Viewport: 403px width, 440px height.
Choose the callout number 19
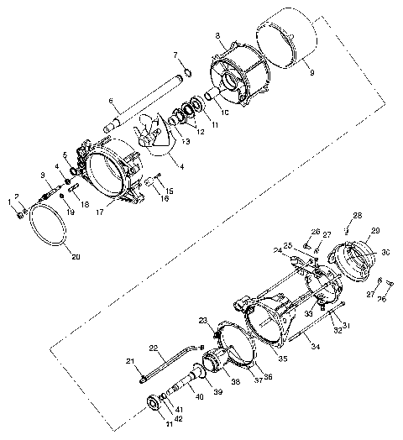click(x=71, y=214)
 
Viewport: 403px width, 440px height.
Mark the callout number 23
click(x=202, y=321)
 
